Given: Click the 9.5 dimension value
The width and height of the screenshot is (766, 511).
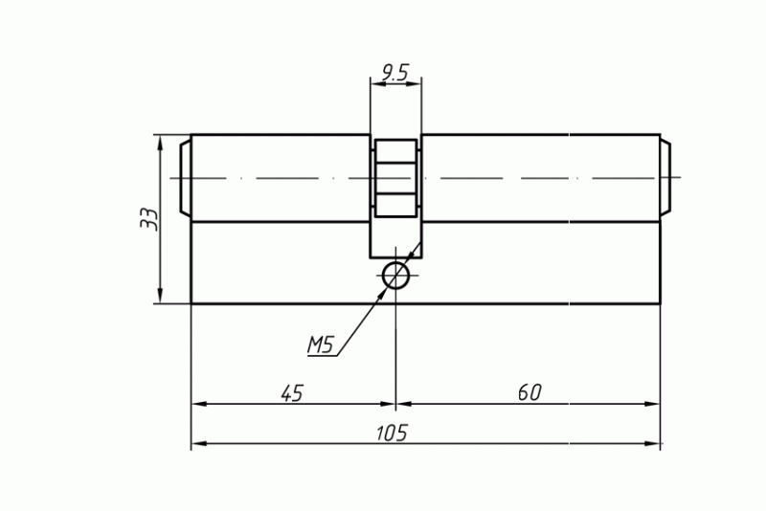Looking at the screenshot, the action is (394, 73).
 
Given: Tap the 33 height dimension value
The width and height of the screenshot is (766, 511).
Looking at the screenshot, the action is (149, 219).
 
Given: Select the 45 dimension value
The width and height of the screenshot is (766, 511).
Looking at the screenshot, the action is (292, 393).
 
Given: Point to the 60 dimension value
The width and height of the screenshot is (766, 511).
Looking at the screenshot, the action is (529, 392).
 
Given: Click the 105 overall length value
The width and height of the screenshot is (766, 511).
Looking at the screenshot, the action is (392, 433).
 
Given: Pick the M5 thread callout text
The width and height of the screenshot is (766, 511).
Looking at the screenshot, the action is (320, 345).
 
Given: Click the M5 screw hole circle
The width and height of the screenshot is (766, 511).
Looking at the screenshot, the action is (395, 276).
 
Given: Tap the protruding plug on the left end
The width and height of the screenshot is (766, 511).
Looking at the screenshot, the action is (185, 178).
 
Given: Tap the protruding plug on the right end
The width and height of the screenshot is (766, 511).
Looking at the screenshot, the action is (665, 178).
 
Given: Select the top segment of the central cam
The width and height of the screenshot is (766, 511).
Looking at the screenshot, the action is (395, 152).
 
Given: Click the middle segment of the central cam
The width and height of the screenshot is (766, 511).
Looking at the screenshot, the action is (395, 179).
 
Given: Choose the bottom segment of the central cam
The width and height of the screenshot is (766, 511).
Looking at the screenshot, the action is (395, 206).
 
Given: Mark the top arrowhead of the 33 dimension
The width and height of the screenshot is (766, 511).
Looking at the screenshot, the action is (160, 141).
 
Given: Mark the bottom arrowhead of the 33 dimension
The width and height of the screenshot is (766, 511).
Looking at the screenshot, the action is (160, 297).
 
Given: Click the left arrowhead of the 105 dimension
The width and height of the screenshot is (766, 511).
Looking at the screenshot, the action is (199, 443).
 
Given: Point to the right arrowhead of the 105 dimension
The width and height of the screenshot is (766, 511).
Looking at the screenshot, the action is (652, 443).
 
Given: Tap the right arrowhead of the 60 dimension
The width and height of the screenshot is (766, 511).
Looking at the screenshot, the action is (652, 404).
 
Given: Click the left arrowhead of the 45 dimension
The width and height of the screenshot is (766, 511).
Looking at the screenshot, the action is (199, 404).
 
